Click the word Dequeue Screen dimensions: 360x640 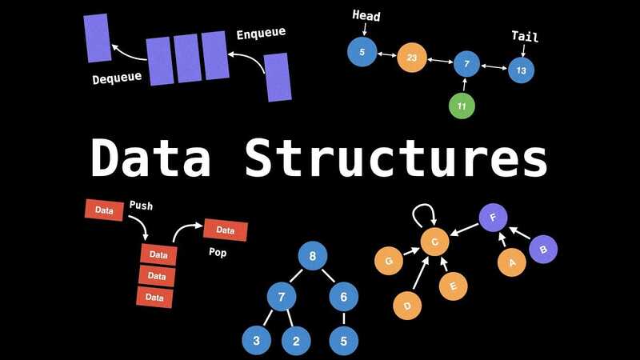click(x=116, y=78)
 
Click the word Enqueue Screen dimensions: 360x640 click(x=261, y=34)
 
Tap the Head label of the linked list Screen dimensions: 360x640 click(x=366, y=16)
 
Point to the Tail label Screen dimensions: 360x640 click(x=524, y=36)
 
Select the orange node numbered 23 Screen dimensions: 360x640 click(x=412, y=58)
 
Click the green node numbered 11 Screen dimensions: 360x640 click(x=462, y=106)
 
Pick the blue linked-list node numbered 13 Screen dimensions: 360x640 click(x=521, y=70)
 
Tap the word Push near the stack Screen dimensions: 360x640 click(x=141, y=206)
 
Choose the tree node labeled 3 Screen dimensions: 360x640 click(x=256, y=341)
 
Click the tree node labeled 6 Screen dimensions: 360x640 click(x=343, y=298)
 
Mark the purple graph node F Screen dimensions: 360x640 click(x=493, y=217)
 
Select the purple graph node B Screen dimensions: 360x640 click(x=543, y=250)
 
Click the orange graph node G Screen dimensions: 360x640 click(x=389, y=261)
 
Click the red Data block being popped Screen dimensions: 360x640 click(x=225, y=230)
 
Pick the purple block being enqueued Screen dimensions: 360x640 click(x=278, y=77)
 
